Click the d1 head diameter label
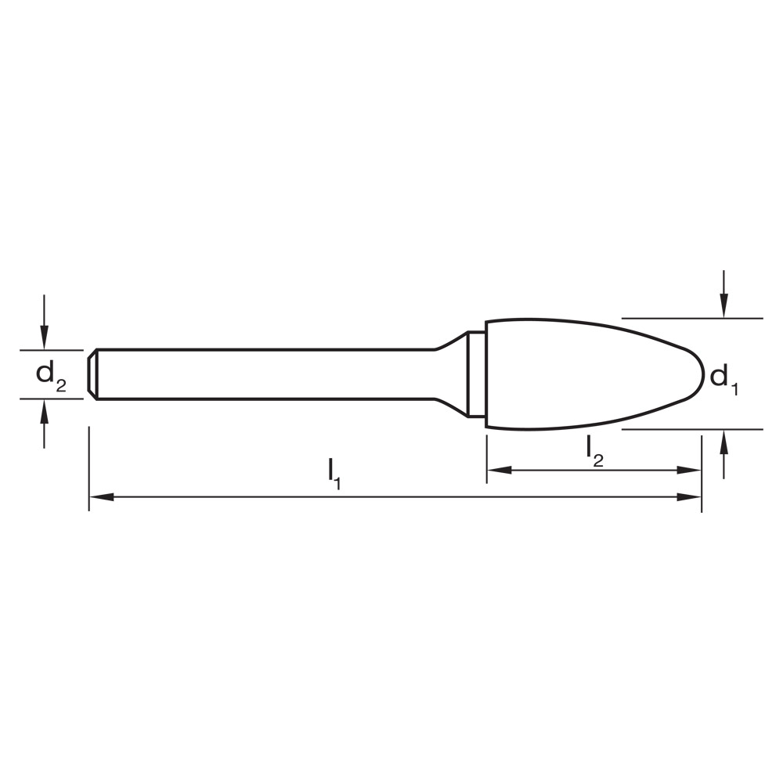tap(723, 379)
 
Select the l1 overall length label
tap(334, 473)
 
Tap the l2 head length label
tap(594, 449)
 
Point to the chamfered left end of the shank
tap(92, 374)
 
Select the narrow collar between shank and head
tap(476, 374)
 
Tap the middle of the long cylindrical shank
tap(266, 374)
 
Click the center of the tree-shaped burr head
tap(579, 374)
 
